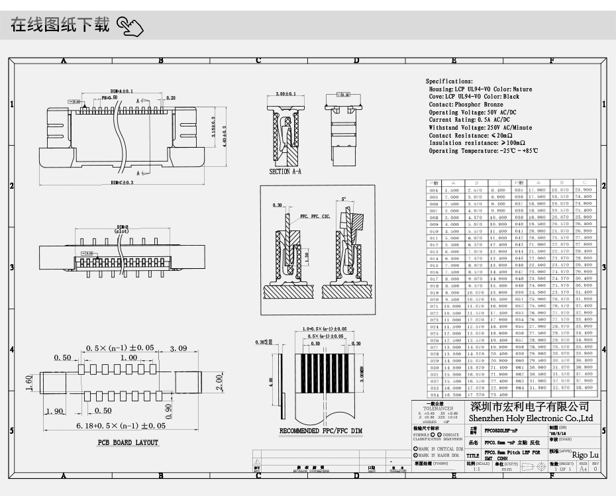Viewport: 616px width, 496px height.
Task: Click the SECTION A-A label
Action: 285,172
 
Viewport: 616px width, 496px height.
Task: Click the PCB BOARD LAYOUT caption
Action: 128,442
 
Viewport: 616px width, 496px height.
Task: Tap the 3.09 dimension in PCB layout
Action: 178,348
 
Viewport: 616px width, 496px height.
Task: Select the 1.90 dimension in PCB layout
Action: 56,411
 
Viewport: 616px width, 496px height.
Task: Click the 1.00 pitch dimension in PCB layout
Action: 128,358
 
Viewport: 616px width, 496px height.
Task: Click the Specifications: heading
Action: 449,81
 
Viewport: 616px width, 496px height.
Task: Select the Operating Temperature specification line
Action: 484,151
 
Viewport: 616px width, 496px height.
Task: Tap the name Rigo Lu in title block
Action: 584,455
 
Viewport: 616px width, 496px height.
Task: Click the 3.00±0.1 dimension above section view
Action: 285,95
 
